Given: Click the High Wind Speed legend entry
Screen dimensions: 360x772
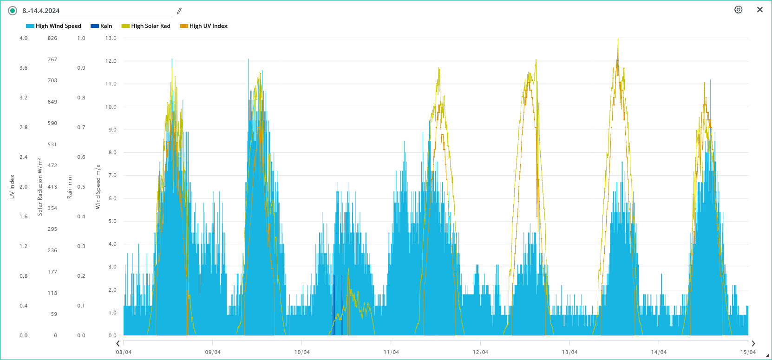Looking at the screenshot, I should pyautogui.click(x=54, y=26).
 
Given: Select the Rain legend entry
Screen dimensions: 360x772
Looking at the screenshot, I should pyautogui.click(x=101, y=26).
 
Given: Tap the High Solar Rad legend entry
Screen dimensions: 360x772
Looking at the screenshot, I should pyautogui.click(x=146, y=26).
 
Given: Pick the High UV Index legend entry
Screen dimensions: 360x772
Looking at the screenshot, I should pyautogui.click(x=203, y=26).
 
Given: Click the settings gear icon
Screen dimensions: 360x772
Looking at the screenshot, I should pyautogui.click(x=738, y=10).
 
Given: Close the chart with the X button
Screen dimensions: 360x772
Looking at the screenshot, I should pyautogui.click(x=760, y=10).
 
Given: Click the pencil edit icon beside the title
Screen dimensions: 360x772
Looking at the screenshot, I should pyautogui.click(x=179, y=11).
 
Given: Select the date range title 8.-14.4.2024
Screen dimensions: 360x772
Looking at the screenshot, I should pyautogui.click(x=41, y=11).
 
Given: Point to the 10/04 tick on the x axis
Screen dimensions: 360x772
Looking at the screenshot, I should pyautogui.click(x=302, y=352).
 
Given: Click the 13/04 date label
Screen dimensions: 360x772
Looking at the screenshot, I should pyautogui.click(x=569, y=352).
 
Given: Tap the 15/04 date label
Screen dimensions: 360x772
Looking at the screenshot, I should pyautogui.click(x=748, y=352).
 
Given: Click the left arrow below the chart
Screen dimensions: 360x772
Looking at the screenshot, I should pyautogui.click(x=118, y=343).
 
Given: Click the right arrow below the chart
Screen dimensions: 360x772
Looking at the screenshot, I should pyautogui.click(x=753, y=343).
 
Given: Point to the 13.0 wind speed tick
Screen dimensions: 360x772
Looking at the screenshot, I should pyautogui.click(x=111, y=38).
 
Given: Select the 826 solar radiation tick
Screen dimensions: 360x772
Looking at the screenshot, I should pyautogui.click(x=52, y=38).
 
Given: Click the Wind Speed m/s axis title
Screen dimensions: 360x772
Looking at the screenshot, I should pyautogui.click(x=98, y=187).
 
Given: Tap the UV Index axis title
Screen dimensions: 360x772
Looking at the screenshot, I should pyautogui.click(x=12, y=187).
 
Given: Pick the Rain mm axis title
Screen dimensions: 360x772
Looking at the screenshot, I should pyautogui.click(x=70, y=187).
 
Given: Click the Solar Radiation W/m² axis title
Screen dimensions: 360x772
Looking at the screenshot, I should pyautogui.click(x=40, y=187).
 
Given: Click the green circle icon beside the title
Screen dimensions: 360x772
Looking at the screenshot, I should pyautogui.click(x=13, y=11).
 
